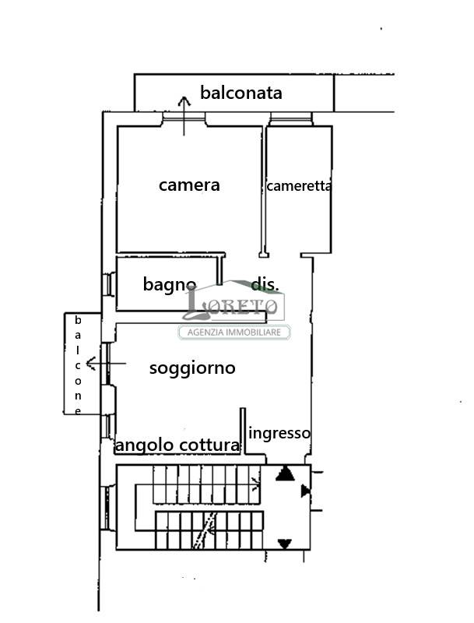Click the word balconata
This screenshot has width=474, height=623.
point(241,93)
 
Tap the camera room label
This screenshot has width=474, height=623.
point(189,185)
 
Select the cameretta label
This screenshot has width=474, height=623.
point(299,186)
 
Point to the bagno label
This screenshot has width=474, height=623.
point(169,284)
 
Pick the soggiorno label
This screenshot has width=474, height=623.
point(192,368)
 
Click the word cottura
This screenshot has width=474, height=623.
point(209,445)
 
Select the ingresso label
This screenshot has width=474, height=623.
point(279,433)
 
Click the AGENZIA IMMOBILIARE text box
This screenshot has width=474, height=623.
point(234,333)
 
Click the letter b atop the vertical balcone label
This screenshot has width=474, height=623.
point(78,320)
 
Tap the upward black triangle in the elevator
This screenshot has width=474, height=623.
point(284,473)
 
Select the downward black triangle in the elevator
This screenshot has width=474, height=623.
point(285,543)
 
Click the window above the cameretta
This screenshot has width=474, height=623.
point(291,119)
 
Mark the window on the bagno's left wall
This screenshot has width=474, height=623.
point(108,283)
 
